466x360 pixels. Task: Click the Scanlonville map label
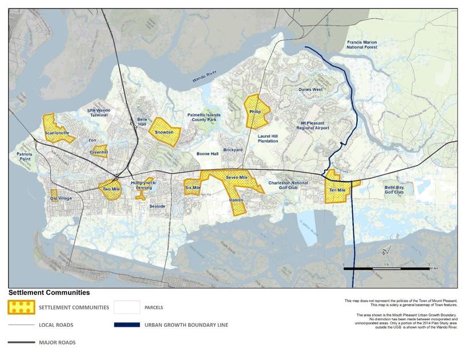click(x=57, y=133)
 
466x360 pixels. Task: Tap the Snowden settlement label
click(x=164, y=133)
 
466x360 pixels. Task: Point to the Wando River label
click(x=203, y=79)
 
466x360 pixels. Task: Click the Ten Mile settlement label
click(x=337, y=190)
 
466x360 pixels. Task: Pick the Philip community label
click(x=255, y=112)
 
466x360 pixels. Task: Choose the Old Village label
click(x=61, y=198)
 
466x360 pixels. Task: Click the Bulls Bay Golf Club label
click(x=394, y=190)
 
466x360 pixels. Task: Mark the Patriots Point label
click(x=24, y=157)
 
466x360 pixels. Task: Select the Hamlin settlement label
click(x=236, y=201)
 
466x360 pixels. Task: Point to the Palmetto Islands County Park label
click(x=204, y=118)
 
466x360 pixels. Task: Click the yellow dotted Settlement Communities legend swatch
click(x=22, y=307)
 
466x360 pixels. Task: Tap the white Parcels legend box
click(x=127, y=307)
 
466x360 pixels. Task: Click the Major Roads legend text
click(x=57, y=343)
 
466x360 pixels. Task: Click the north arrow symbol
click(x=386, y=250)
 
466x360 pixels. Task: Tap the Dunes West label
click(x=310, y=90)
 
